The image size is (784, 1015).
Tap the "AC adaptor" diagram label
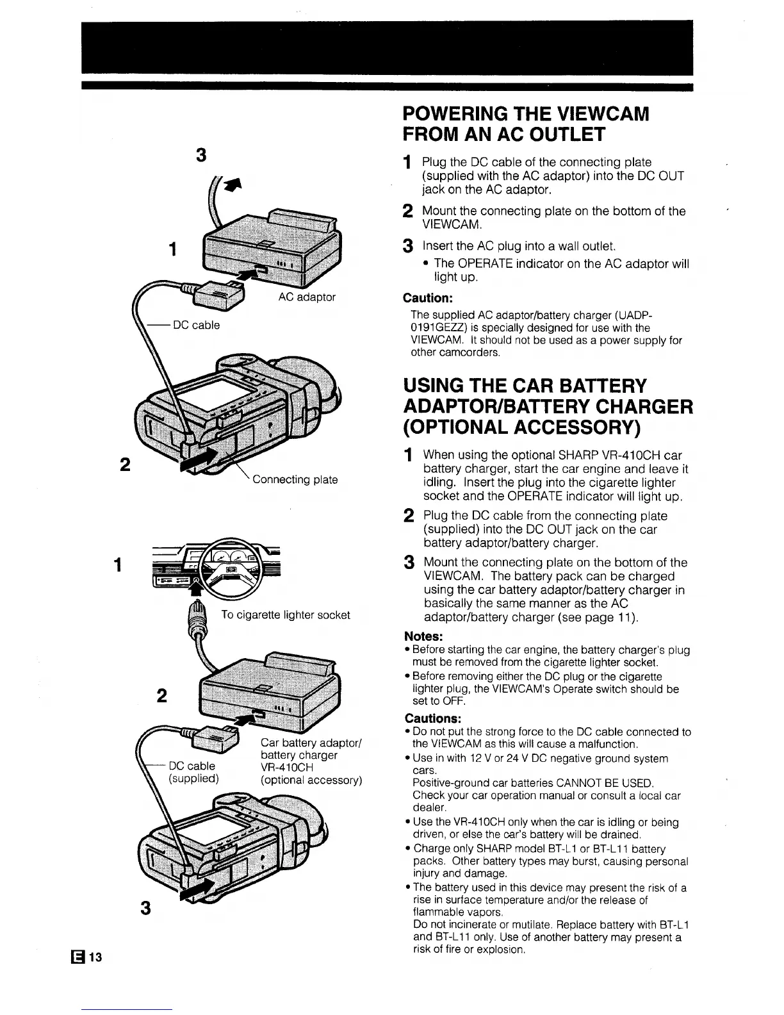[x=307, y=297]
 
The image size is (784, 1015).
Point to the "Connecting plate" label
[x=295, y=479]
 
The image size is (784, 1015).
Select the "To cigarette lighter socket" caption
[x=286, y=615]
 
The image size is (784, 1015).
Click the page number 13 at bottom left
[x=95, y=957]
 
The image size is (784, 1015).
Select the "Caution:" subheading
[x=428, y=299]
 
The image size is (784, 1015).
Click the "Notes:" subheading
[x=424, y=637]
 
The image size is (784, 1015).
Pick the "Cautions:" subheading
[x=433, y=718]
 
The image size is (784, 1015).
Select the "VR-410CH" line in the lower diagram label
[x=286, y=767]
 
